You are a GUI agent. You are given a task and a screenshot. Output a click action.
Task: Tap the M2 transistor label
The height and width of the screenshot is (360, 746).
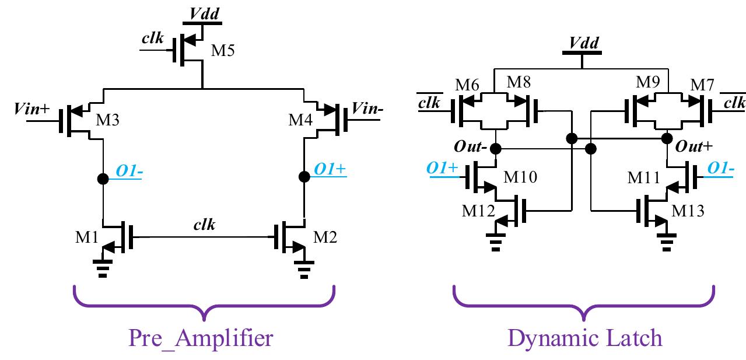click(325, 237)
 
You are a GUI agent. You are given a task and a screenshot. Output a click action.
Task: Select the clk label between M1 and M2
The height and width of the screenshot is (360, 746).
click(204, 225)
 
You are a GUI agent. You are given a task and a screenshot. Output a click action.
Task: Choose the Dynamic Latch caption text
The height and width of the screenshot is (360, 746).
click(584, 338)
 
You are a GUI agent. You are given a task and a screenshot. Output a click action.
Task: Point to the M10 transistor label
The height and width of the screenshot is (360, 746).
click(519, 177)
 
